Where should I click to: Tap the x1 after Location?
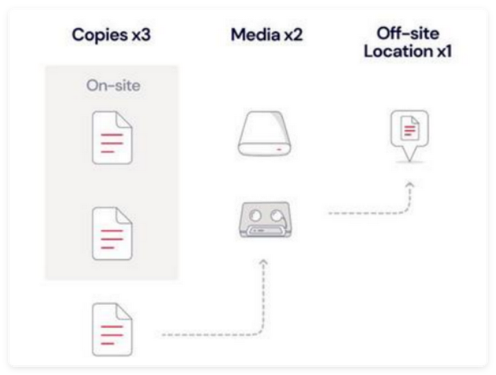441,51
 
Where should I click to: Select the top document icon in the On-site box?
112,138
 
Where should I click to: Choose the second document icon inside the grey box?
112,231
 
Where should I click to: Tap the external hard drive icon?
264,137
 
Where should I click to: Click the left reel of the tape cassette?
256,213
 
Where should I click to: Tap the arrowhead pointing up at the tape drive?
263,263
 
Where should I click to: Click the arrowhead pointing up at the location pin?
410,184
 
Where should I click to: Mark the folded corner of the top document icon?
124,121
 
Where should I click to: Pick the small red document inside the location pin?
409,127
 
